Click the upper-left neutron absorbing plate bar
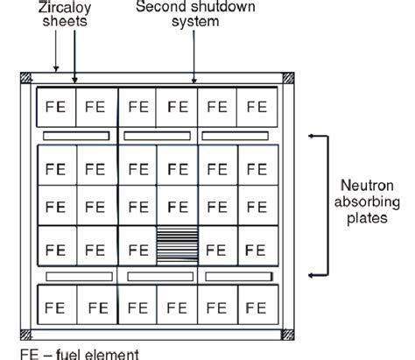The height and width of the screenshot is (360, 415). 76,136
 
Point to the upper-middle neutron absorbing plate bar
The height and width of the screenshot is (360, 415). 158,136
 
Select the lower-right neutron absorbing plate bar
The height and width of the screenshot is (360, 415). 239,276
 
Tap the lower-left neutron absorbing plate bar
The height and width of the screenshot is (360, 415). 76,276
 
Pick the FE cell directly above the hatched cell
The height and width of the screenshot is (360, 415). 178,207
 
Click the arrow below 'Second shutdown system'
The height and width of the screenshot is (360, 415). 194,61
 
